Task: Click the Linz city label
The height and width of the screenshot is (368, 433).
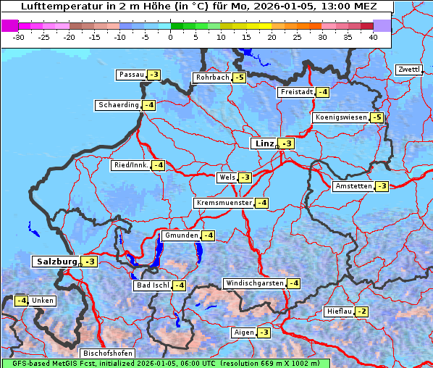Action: [x=264, y=143]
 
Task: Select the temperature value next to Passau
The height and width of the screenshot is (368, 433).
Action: [x=154, y=75]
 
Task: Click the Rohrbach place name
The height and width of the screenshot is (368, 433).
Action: [x=211, y=78]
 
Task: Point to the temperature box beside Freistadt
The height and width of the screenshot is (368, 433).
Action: [x=323, y=92]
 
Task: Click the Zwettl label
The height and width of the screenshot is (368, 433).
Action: [x=408, y=70]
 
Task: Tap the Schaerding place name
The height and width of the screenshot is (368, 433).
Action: [x=119, y=105]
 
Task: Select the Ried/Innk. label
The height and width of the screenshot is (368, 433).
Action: [x=130, y=165]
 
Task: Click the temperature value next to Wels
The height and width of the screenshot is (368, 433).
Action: [x=245, y=177]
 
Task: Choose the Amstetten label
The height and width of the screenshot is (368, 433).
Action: [x=353, y=186]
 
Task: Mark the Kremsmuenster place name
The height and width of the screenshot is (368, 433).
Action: [x=224, y=203]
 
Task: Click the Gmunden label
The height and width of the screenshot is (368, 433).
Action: [x=180, y=235]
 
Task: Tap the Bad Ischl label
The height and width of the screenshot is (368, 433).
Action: [x=152, y=285]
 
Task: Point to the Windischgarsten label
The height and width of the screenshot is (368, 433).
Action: [x=254, y=283]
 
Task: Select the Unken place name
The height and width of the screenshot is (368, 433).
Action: [x=42, y=301]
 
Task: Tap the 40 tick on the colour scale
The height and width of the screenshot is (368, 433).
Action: [x=373, y=36]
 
